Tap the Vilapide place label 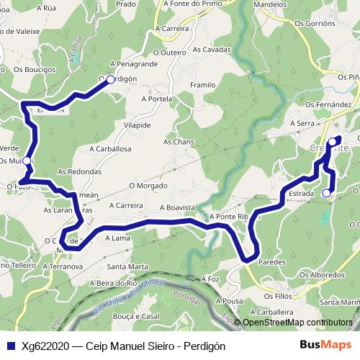[x=137, y=125]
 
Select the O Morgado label [x=148, y=185]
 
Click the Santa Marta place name [x=128, y=266]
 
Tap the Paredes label [x=271, y=263]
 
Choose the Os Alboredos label [x=321, y=274]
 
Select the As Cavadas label [x=212, y=50]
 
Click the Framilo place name [x=202, y=85]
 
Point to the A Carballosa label [x=110, y=148]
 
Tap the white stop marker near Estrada [x=326, y=193]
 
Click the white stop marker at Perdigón [x=110, y=80]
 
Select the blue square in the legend [x=10, y=346]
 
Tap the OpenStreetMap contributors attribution [x=297, y=323]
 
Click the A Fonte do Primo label [x=192, y=4]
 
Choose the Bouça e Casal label [x=136, y=316]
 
